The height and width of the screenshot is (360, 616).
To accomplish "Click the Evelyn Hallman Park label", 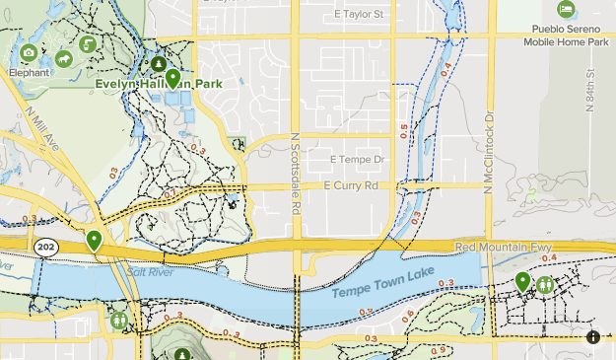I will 158,85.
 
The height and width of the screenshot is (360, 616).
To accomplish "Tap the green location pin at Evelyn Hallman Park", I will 173,79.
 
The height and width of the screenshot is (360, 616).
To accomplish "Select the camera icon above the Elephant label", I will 29,52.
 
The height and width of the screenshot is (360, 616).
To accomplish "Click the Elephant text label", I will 29,72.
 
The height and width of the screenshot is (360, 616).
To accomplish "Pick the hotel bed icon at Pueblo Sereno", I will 566,10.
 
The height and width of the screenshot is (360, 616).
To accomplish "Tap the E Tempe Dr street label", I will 356,159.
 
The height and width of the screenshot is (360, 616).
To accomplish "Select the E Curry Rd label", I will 350,185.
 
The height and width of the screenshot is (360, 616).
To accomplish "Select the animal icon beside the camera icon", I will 64,59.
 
